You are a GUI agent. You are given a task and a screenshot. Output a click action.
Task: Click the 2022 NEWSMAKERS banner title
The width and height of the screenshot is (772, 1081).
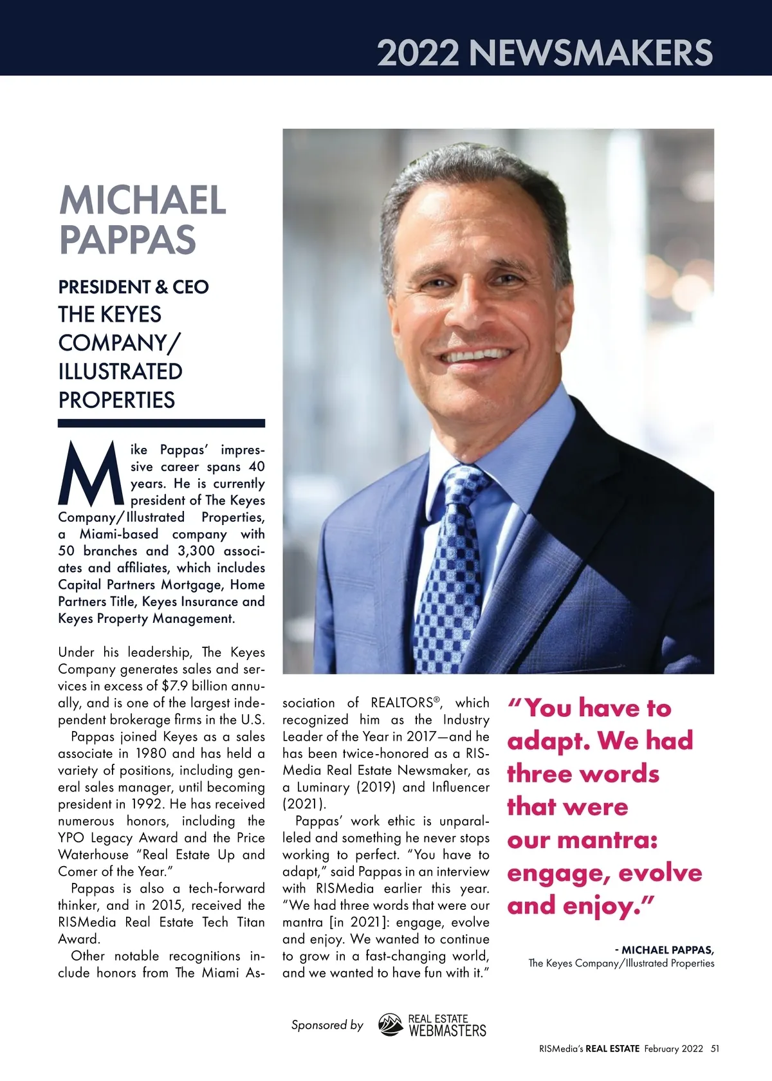pyautogui.click(x=544, y=53)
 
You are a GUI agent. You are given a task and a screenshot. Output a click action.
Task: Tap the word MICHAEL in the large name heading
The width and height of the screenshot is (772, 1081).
pyautogui.click(x=142, y=200)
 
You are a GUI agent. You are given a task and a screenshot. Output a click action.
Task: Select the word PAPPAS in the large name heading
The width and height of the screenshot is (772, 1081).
pyautogui.click(x=127, y=239)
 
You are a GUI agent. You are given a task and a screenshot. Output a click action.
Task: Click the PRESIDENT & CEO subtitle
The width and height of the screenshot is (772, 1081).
pyautogui.click(x=134, y=287)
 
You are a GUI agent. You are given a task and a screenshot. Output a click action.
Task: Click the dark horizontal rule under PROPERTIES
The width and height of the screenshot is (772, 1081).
pyautogui.click(x=161, y=423)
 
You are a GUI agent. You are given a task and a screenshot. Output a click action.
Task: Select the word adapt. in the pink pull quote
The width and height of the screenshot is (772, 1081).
pyautogui.click(x=548, y=741)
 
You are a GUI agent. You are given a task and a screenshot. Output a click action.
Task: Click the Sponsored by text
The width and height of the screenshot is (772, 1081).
pyautogui.click(x=327, y=1025)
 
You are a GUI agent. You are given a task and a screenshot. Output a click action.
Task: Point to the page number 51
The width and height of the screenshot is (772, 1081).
pyautogui.click(x=715, y=1049)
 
